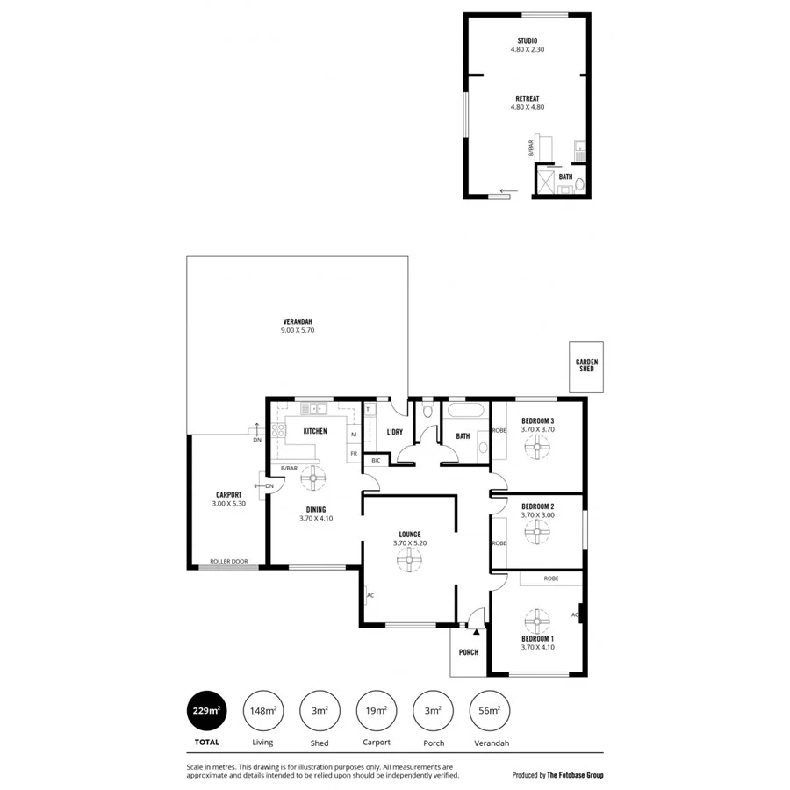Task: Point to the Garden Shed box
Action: [x=585, y=366]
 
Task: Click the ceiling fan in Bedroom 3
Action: [x=535, y=447]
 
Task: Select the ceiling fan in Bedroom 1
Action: [x=535, y=619]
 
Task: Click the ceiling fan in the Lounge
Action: [x=409, y=560]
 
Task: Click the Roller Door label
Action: [x=228, y=561]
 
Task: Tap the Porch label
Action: [x=469, y=652]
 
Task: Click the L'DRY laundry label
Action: [x=394, y=432]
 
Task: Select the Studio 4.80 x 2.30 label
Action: [x=528, y=45]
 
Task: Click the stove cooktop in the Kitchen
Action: [x=280, y=430]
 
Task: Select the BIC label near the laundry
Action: [x=376, y=460]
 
